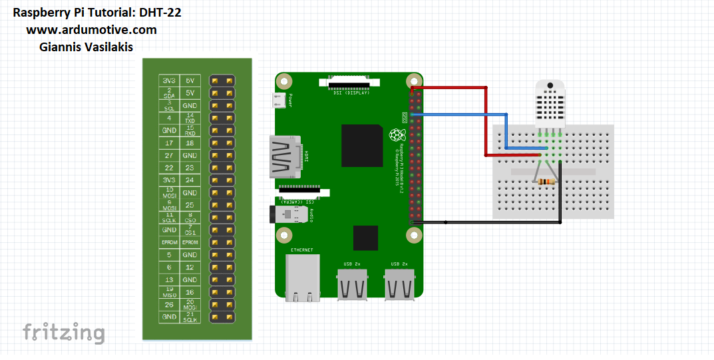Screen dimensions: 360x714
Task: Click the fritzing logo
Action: (64, 332)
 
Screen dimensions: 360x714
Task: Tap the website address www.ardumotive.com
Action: (92, 30)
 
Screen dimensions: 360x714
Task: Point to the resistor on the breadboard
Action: (546, 182)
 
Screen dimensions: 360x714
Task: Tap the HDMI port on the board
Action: (285, 156)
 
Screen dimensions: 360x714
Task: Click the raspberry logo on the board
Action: (397, 136)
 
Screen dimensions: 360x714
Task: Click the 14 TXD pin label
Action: (190, 118)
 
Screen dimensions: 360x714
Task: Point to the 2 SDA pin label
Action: (169, 92)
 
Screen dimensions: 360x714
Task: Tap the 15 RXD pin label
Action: (190, 130)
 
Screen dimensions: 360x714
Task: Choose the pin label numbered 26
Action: (169, 305)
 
